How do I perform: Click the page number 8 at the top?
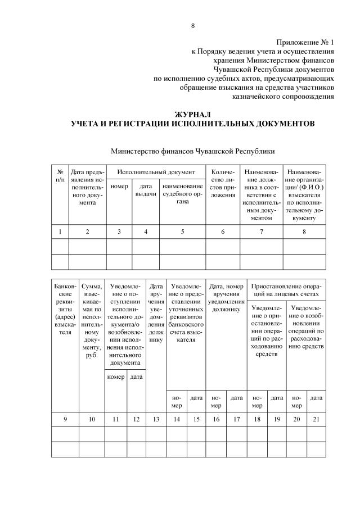tap(192, 25)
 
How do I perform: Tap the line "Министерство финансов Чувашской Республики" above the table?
tap(192, 151)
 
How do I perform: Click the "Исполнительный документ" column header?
tap(156, 171)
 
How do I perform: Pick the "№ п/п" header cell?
tap(60, 174)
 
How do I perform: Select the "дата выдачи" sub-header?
tap(146, 190)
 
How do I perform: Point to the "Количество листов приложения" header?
tap(222, 183)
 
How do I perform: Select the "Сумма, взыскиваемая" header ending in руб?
tap(92, 317)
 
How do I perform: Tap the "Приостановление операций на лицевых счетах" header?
tap(285, 289)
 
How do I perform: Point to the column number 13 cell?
tap(156, 419)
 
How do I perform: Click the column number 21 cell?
tap(316, 419)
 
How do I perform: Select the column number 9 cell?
tap(65, 419)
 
